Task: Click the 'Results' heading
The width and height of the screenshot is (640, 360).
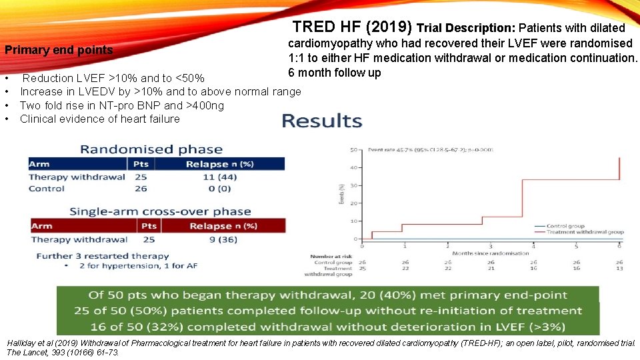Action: pos(322,121)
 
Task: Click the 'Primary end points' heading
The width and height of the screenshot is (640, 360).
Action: pos(59,50)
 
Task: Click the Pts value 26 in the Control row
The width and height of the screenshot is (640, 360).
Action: pos(141,189)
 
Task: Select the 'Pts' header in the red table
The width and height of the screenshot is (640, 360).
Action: pos(149,226)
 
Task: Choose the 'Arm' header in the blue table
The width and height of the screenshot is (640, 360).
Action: pos(39,164)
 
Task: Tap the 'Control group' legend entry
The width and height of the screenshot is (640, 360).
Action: pos(565,226)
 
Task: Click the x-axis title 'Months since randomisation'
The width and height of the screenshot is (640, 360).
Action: pos(490,253)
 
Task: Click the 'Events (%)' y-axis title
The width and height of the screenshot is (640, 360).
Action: pos(342,193)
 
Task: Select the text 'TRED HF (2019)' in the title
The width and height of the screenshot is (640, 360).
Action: pos(352,27)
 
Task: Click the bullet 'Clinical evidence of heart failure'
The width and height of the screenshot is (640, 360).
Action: pos(100,119)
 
